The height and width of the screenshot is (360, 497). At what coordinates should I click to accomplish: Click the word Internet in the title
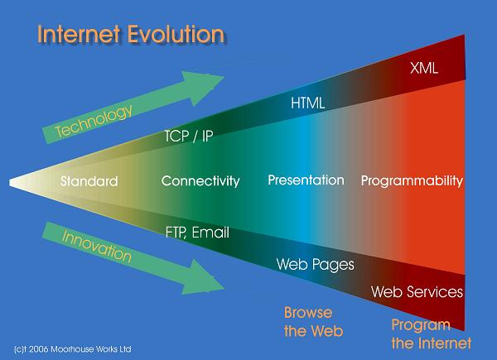click(79, 34)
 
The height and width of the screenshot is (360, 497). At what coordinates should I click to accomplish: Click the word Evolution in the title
click(176, 34)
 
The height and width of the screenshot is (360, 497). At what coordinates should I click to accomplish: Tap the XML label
click(424, 68)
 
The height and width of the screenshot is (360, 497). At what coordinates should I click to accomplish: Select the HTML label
click(308, 103)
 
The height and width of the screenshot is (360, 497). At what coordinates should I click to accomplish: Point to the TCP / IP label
click(189, 137)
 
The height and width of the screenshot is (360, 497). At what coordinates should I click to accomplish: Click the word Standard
click(89, 181)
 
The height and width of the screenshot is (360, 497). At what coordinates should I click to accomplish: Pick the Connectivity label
click(200, 181)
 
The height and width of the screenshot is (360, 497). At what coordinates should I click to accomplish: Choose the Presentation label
click(306, 180)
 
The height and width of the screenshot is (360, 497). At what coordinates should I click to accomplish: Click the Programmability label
click(412, 180)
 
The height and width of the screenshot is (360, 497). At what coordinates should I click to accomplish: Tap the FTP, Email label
click(197, 233)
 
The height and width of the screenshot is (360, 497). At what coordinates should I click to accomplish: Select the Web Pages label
click(315, 264)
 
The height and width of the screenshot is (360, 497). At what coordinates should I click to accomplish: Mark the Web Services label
click(417, 291)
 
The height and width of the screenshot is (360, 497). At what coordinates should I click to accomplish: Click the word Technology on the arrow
click(94, 121)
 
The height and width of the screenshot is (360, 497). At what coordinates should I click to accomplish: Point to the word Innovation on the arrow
click(97, 247)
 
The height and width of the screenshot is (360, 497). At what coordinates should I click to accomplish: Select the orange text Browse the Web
click(313, 322)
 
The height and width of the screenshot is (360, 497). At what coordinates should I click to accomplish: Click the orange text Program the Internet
click(431, 334)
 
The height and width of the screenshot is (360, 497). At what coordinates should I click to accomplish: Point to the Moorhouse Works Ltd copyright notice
click(73, 349)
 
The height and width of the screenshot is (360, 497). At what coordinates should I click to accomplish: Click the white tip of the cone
click(11, 183)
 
